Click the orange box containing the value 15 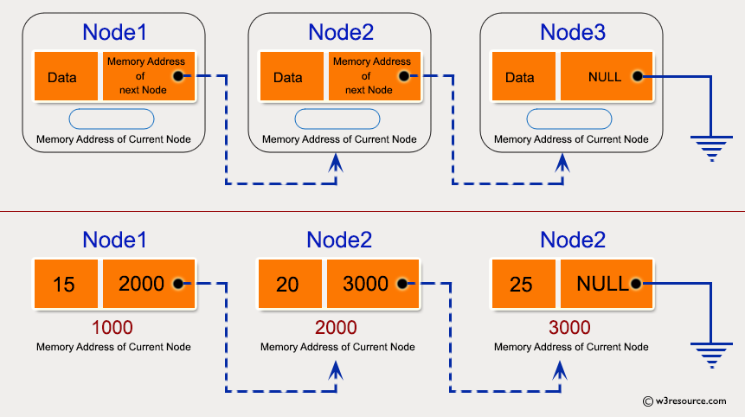[65, 284]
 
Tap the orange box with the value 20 [290, 284]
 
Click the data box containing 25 [523, 284]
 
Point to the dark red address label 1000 [112, 328]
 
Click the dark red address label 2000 [337, 328]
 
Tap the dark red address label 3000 [569, 328]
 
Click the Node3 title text [573, 33]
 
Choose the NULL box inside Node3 [604, 77]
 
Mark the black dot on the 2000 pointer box [178, 283]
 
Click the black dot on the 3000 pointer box [403, 283]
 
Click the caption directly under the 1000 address [113, 347]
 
